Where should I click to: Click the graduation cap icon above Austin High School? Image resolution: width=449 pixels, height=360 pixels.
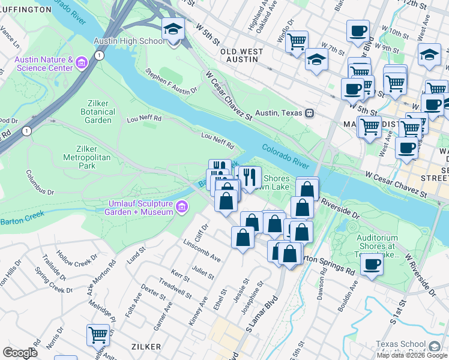point(173,29)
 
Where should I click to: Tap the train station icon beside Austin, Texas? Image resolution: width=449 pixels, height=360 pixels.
point(310,113)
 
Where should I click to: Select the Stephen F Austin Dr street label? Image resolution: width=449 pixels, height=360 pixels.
point(171,82)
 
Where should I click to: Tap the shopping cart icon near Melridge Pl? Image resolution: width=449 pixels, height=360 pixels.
point(97,334)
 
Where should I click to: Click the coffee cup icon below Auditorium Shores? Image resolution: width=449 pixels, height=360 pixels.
point(372,265)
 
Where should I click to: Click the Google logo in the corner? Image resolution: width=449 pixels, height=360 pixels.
point(20,353)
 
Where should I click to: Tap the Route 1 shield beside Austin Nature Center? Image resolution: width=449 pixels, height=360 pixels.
point(99,55)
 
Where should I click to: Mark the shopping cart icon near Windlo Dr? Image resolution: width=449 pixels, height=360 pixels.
point(297,41)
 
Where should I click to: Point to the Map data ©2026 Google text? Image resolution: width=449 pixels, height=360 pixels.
point(412,355)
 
